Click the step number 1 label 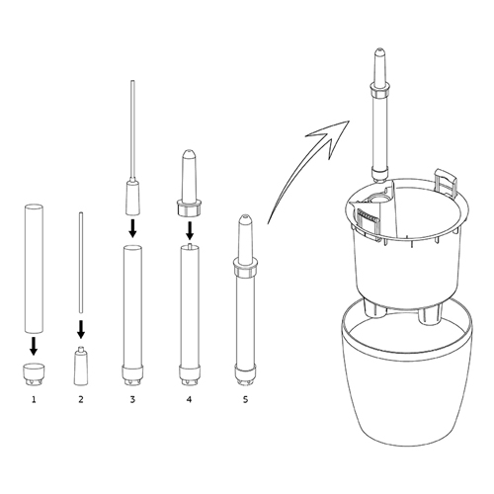(34, 400)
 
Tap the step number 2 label (81, 400)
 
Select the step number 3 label (132, 400)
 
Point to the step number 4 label (189, 400)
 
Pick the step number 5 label (245, 400)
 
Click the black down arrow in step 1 (33, 346)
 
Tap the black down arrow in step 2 (81, 329)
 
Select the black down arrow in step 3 (132, 228)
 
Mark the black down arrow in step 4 (190, 230)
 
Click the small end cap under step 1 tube (34, 373)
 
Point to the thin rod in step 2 (81, 263)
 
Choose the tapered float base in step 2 (81, 366)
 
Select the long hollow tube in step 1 (34, 268)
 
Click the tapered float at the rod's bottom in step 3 (132, 197)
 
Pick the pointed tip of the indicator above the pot (379, 49)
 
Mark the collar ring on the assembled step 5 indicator (245, 267)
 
